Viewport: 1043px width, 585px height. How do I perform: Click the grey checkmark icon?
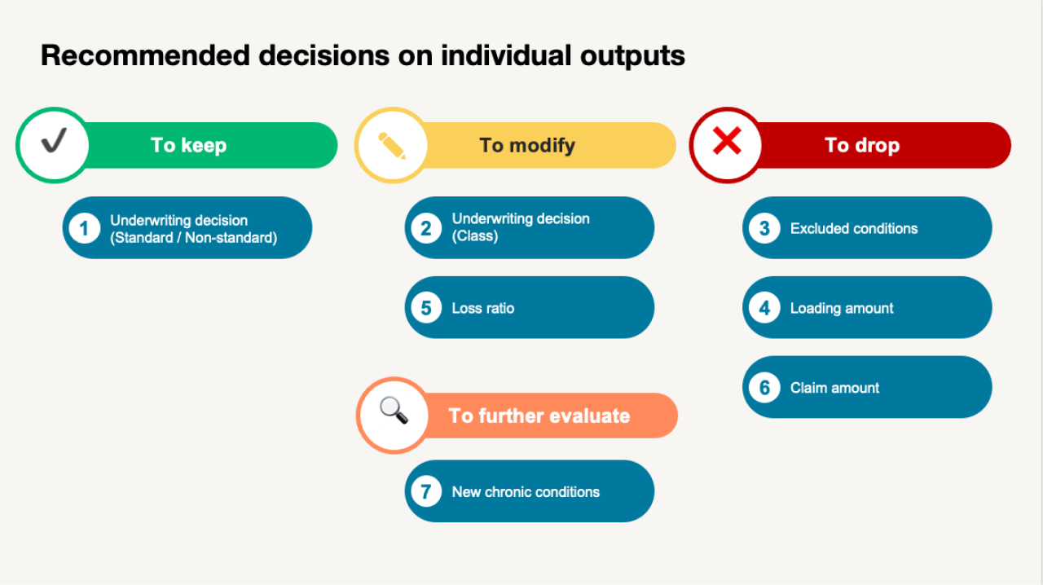pos(54,140)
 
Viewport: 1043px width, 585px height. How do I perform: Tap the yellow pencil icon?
pos(392,145)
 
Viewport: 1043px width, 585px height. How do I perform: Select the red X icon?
pos(727,141)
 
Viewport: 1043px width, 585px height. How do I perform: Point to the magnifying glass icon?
pos(394,410)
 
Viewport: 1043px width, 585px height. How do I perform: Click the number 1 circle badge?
pos(84,228)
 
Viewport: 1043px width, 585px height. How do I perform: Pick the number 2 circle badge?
pos(426,228)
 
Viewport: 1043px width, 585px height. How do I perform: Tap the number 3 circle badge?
pos(764,228)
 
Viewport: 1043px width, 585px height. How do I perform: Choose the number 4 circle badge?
pos(764,308)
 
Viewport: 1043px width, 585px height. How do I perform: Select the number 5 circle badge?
pos(426,308)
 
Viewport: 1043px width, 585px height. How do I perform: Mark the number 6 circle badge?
pos(764,388)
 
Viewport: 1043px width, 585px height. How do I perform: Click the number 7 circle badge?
pos(426,491)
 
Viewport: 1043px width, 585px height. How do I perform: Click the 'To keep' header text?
pos(188,145)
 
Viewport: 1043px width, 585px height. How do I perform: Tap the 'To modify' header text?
pos(527,145)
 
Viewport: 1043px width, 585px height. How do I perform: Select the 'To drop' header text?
pos(862,145)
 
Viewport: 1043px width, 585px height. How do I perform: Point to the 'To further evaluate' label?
pos(539,416)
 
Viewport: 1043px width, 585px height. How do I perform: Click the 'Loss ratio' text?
pos(483,308)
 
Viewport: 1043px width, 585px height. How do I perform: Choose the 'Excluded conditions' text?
pos(854,228)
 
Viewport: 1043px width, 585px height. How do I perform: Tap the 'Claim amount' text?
pos(834,388)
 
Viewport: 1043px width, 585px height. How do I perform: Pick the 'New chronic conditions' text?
pos(526,491)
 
